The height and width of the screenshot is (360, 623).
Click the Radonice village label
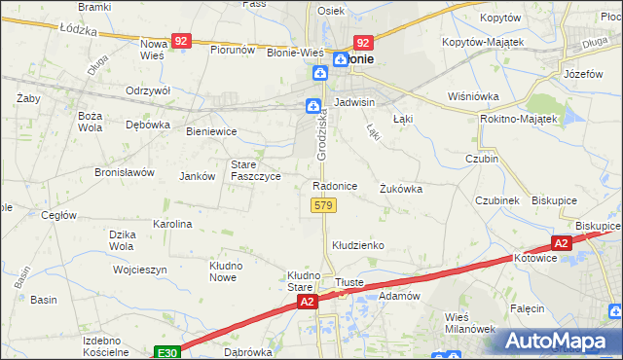click(335, 186)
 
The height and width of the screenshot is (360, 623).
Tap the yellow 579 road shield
click(324, 205)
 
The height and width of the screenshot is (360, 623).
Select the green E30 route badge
click(166, 350)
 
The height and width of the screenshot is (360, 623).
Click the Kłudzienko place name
click(358, 246)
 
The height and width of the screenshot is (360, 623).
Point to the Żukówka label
click(401, 190)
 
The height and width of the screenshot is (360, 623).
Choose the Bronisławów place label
click(125, 172)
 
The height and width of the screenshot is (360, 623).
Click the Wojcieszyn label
click(139, 270)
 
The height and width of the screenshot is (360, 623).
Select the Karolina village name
click(172, 224)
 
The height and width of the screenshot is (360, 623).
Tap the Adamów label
click(397, 295)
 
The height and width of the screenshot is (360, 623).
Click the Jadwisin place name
click(354, 102)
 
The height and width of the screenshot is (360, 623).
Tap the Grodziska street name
click(321, 132)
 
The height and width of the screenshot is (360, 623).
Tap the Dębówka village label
click(148, 125)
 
